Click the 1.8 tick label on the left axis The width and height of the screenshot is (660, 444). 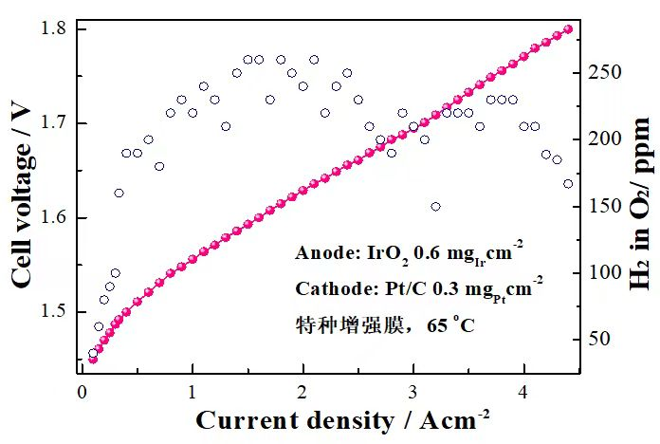pos(55,29)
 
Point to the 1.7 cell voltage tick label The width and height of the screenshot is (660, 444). pos(55,123)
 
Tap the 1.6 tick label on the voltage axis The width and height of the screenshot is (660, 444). pos(55,218)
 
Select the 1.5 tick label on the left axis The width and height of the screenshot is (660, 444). pos(55,312)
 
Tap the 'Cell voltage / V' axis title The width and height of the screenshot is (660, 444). pos(20,192)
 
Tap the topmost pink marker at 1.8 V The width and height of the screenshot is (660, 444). pos(568,29)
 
